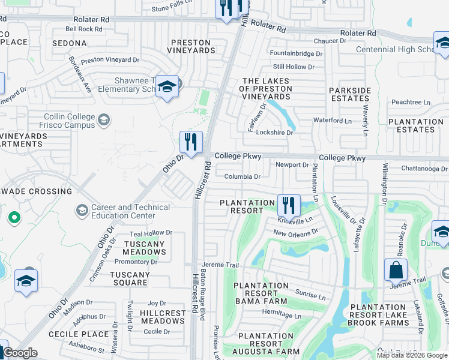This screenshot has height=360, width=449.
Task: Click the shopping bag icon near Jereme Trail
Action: [x=396, y=271]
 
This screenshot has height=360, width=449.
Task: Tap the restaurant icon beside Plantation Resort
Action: [x=289, y=205]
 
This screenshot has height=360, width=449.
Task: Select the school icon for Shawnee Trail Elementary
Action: [x=167, y=86]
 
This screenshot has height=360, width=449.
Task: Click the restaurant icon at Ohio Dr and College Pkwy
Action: [x=191, y=142]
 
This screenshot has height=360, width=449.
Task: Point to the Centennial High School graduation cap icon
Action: [x=442, y=44]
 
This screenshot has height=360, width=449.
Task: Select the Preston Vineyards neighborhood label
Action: [x=191, y=47]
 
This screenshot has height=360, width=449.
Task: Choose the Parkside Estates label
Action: [x=350, y=94]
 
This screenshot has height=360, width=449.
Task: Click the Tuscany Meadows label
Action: [x=144, y=248]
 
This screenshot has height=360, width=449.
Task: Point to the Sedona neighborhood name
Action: [x=70, y=44]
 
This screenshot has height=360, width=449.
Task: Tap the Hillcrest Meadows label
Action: [x=163, y=317]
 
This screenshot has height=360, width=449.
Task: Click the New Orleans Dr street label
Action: [x=295, y=232]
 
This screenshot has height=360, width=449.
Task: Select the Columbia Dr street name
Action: [x=243, y=177]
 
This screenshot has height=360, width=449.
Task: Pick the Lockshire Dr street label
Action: [x=274, y=133]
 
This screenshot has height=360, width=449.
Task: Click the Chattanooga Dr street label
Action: [x=424, y=169]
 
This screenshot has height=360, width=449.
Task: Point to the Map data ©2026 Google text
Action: [x=411, y=355]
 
